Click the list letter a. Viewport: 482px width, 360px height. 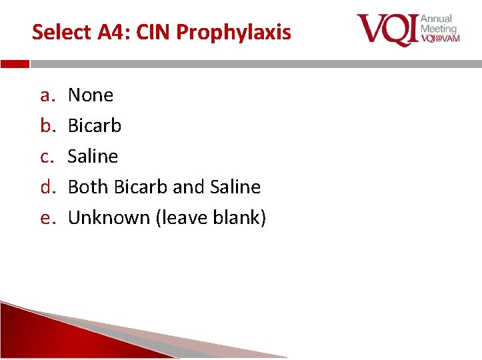tap(46, 95)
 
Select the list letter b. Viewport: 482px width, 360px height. tap(46, 125)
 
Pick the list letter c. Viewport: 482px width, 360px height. tap(46, 157)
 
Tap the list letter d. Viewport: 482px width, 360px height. tap(46, 187)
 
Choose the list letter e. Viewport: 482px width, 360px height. tap(46, 218)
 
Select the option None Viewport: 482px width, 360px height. tap(91, 95)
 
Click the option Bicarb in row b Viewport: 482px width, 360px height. tap(95, 125)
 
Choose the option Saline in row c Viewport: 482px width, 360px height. tap(93, 157)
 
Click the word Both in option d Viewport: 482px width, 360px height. tap(89, 187)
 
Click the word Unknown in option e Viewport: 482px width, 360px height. tap(109, 218)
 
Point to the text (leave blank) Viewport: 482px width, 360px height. tap(211, 218)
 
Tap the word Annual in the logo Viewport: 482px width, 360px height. tap(436, 19)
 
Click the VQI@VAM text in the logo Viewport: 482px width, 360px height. tap(440, 39)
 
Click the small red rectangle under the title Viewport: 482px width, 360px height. tap(15, 65)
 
